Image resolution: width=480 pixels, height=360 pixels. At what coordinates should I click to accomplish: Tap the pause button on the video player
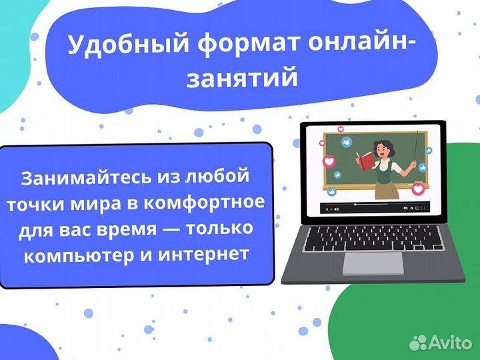tap(327, 209)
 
